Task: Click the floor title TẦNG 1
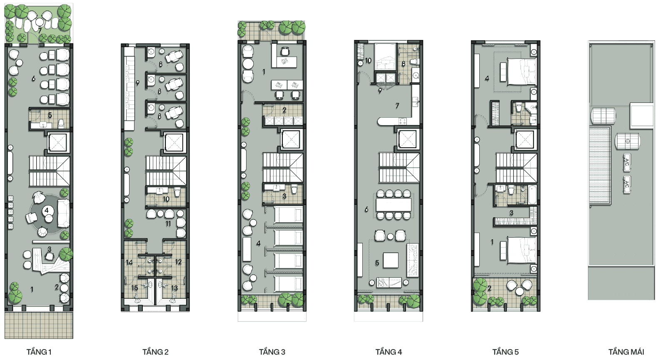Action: pos(39,352)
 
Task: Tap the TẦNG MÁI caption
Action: pos(626,352)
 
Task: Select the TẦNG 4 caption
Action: pos(389,352)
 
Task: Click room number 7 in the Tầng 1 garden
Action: pos(40,30)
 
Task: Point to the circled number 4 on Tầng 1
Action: pos(47,210)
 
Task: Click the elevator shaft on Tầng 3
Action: pos(291,139)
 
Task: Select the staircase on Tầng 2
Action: pos(166,171)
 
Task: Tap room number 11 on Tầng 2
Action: pos(168,223)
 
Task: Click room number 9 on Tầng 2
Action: pos(137,83)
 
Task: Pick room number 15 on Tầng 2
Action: pos(134,288)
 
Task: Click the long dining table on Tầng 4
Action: pos(394,205)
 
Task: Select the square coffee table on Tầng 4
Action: pos(391,261)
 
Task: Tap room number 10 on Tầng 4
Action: pos(368,60)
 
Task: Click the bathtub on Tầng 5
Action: pos(533,194)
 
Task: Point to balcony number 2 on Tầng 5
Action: pos(489,288)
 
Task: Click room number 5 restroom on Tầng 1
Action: pos(50,115)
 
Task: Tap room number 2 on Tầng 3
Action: pos(284,110)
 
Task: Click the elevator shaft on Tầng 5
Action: pos(525,140)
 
